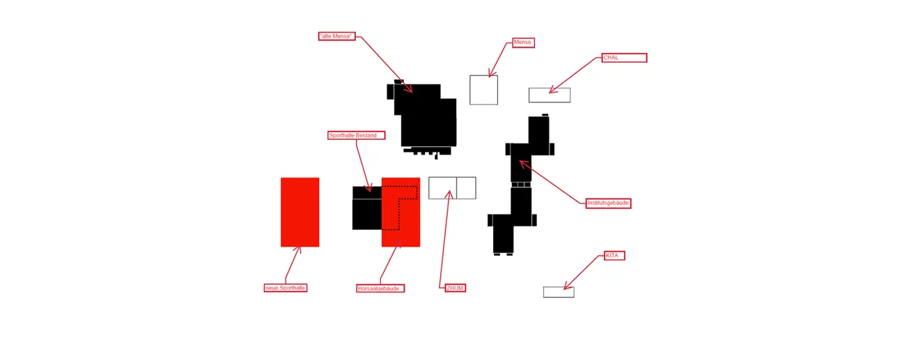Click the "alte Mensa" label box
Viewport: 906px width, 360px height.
[x=336, y=36]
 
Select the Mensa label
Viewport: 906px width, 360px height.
[x=523, y=42]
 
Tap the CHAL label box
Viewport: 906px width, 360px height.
[x=624, y=58]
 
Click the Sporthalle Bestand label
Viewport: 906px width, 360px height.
[x=356, y=135]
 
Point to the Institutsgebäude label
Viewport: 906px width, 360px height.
[x=608, y=203]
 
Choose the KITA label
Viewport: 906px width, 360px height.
[x=614, y=256]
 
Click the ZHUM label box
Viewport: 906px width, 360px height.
[x=455, y=288]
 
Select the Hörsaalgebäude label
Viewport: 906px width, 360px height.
[x=380, y=288]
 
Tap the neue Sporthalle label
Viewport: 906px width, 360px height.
[x=285, y=288]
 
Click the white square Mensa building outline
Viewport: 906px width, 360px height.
[x=483, y=90]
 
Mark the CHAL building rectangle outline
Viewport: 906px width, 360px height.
[x=549, y=95]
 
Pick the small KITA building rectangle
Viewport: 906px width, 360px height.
[x=559, y=292]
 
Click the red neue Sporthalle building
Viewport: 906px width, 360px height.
[x=299, y=212]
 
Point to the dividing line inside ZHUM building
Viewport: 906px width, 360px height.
[x=456, y=188]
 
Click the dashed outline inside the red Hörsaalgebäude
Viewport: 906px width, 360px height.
[x=399, y=209]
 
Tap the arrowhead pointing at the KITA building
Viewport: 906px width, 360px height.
[x=566, y=287]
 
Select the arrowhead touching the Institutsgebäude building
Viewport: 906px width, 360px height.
[x=522, y=163]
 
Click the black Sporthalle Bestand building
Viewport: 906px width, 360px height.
[x=366, y=212]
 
